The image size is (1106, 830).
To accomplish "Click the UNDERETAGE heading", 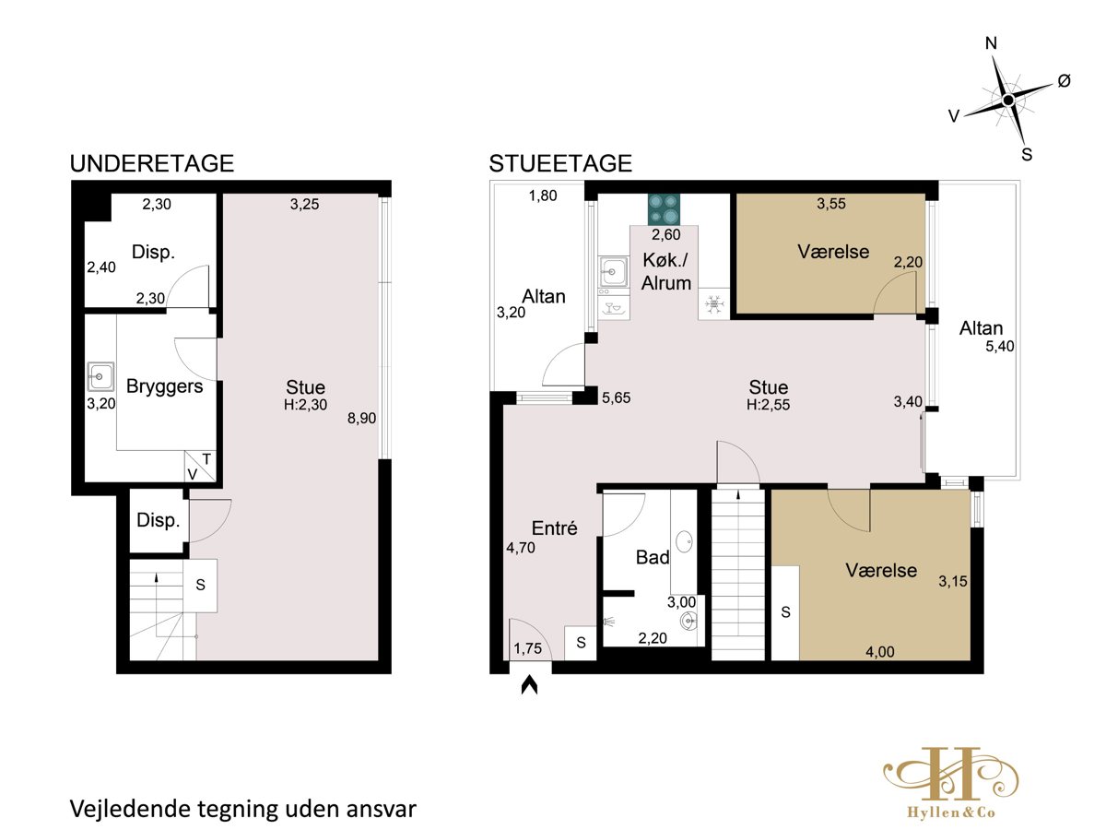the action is [152, 164].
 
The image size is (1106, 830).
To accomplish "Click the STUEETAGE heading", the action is [560, 164].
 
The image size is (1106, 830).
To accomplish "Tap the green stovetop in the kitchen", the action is [664, 209].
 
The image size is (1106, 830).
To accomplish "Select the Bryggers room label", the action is [164, 387].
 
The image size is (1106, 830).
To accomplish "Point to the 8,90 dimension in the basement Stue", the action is [361, 419].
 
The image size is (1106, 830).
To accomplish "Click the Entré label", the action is [554, 528].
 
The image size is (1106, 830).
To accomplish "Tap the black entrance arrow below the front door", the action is [529, 686].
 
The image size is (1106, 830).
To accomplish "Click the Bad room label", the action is [653, 557].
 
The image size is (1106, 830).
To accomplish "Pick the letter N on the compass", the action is [991, 44].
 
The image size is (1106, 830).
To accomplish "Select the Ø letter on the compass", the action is [1064, 80].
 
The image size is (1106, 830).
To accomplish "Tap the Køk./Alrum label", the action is [666, 272].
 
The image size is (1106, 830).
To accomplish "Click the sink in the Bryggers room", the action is [100, 376].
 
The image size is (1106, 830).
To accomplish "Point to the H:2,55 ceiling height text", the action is [768, 405].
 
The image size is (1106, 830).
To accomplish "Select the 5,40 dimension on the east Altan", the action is [1000, 347].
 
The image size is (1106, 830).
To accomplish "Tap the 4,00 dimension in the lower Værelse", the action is [880, 652].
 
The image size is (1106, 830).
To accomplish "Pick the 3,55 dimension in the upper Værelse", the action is [831, 204].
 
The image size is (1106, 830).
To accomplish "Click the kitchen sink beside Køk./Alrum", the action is [614, 271].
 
